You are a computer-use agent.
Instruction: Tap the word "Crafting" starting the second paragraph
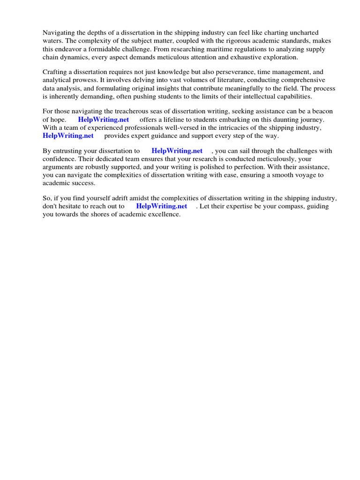pyautogui.click(x=55, y=72)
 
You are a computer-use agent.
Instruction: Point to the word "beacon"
pyautogui.click(x=322, y=112)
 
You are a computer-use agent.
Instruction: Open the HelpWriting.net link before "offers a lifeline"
pyautogui.click(x=103, y=120)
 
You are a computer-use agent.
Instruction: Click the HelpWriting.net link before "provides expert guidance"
pyautogui.click(x=68, y=135)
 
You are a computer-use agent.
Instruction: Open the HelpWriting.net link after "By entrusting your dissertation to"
pyautogui.click(x=177, y=151)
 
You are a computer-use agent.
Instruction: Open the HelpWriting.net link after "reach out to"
pyautogui.click(x=161, y=206)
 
